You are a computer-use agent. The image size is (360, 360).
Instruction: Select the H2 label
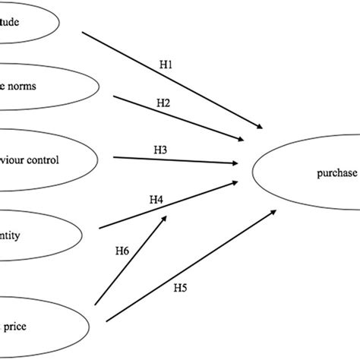coord(163,102)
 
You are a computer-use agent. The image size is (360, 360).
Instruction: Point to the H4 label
coord(156,200)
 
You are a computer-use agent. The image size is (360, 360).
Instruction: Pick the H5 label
coord(180,287)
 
